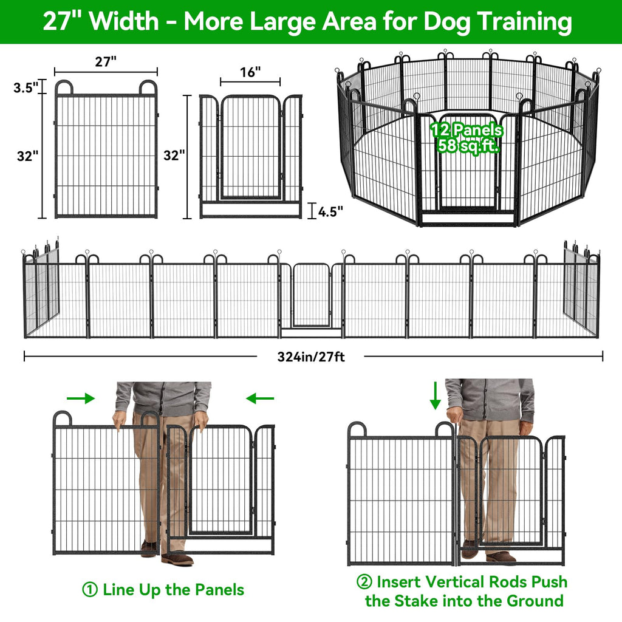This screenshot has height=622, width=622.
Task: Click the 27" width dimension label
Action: point(106,62)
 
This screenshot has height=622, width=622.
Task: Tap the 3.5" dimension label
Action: point(26,87)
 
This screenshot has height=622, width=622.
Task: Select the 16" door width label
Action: point(250,72)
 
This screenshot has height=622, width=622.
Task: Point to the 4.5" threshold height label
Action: point(330,211)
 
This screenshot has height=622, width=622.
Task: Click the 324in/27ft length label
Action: point(311,357)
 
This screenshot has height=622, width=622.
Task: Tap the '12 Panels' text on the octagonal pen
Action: point(467,130)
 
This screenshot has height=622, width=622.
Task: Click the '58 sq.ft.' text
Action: point(468,146)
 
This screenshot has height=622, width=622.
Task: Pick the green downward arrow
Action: point(435,395)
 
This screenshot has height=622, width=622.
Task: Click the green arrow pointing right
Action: point(81,398)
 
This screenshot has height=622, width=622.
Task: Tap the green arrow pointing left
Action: point(260,398)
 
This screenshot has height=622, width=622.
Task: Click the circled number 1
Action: point(90,589)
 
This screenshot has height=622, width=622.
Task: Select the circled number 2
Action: point(364,582)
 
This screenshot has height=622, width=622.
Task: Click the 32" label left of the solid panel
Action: point(28,156)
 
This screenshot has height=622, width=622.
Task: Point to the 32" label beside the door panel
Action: point(174,155)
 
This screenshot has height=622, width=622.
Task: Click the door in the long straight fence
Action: point(312,295)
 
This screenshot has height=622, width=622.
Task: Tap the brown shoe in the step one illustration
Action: point(177,559)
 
